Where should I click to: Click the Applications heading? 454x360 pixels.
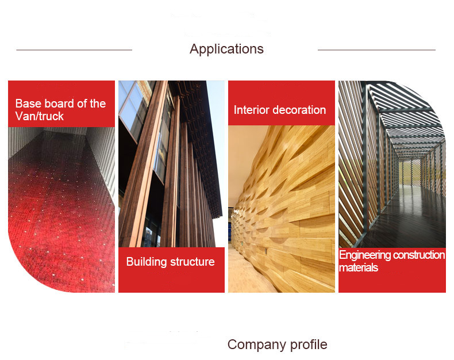click(x=226, y=49)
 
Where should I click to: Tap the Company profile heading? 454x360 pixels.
click(x=278, y=344)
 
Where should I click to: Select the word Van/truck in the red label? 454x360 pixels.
click(x=40, y=116)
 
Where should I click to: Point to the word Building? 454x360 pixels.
click(x=147, y=262)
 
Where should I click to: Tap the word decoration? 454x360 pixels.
click(x=299, y=110)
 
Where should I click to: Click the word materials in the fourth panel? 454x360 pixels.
click(x=359, y=267)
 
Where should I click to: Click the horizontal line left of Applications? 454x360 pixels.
click(x=74, y=50)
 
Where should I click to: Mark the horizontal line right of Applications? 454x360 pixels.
click(x=376, y=50)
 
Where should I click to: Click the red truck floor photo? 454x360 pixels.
click(x=61, y=209)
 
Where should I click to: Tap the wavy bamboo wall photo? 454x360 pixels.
click(x=282, y=209)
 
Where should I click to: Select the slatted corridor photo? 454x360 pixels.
click(x=392, y=164)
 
